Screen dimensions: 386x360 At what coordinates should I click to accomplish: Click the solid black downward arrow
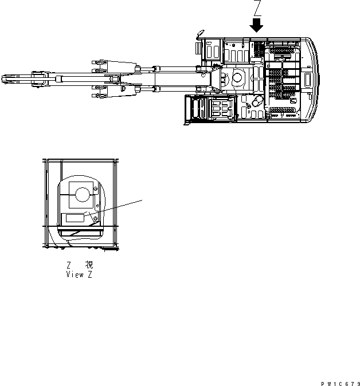(x=256, y=25)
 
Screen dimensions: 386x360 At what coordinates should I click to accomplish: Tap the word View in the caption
(x=75, y=274)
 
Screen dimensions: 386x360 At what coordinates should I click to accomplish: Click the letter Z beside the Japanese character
(x=69, y=265)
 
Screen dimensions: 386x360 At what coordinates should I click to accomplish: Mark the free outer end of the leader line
(x=142, y=199)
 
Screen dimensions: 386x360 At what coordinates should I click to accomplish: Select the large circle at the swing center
(x=237, y=76)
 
